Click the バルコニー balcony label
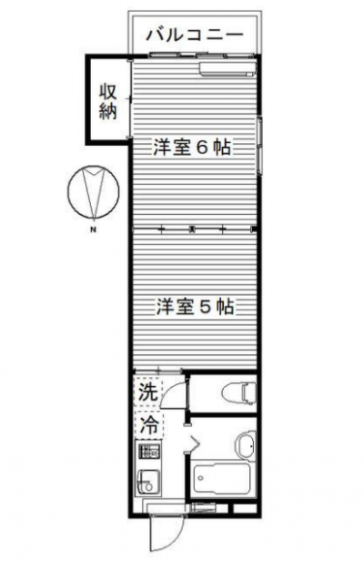point(195,35)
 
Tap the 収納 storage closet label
point(108,102)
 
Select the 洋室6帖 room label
point(192,147)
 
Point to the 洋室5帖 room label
point(196,307)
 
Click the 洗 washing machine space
point(148,393)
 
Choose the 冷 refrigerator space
point(148,425)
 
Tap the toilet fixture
point(238,392)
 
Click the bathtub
point(220,478)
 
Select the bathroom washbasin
point(245,444)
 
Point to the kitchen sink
point(149,483)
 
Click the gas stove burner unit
point(148,453)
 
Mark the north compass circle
point(94,191)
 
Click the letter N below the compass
point(94,229)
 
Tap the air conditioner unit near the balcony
point(227,68)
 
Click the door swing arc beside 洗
point(174,393)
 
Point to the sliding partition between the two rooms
point(194,229)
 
